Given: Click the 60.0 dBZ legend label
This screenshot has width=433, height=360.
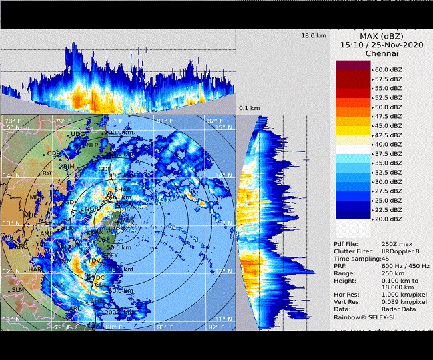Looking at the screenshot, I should (388, 69).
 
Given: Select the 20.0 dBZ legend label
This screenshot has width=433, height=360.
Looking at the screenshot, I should (388, 218).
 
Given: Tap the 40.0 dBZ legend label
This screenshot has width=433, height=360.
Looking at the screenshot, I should (388, 143).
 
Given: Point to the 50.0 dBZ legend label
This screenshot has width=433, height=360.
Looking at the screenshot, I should (388, 107).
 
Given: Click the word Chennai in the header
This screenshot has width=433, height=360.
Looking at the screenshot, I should (382, 54).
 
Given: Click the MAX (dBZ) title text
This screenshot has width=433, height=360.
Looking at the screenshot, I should (382, 35).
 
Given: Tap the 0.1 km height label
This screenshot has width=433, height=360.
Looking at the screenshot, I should (250, 107).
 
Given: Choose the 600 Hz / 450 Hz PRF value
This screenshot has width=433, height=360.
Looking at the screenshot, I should (406, 266).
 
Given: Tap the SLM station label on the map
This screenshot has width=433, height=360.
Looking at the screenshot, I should (17, 290).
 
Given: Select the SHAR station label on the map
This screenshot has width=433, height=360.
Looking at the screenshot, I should (123, 189).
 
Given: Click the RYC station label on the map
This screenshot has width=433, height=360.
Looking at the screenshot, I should (49, 173).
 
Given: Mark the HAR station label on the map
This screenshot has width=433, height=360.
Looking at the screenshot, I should (35, 270).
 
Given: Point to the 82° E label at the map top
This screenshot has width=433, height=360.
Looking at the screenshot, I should (215, 121).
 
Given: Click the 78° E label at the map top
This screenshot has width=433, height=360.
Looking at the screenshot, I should (12, 121).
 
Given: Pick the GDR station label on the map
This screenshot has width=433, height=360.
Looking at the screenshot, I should (105, 169).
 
